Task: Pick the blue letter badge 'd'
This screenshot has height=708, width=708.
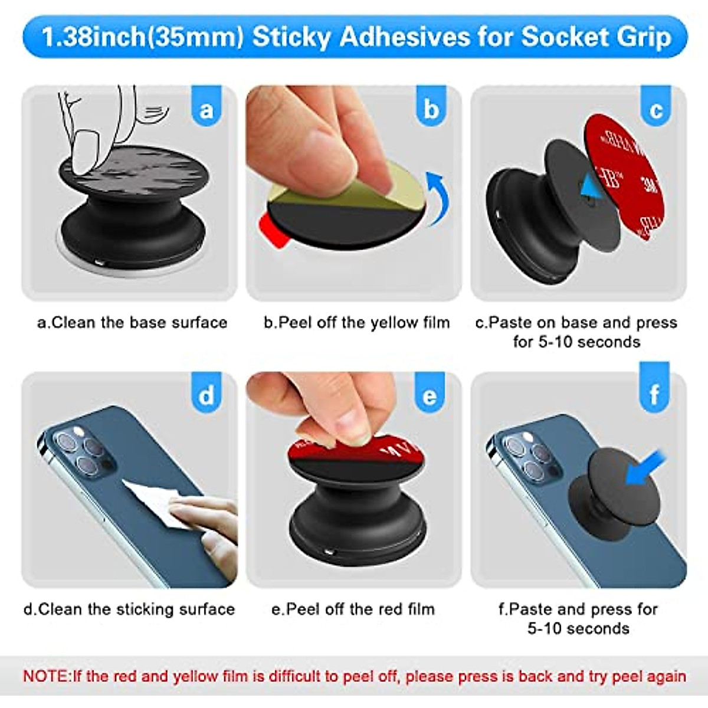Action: (x=206, y=394)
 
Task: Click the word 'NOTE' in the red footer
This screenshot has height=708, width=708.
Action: (x=46, y=676)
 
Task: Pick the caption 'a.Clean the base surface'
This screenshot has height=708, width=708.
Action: (x=132, y=323)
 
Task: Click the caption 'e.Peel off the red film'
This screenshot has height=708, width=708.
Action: (x=353, y=609)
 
